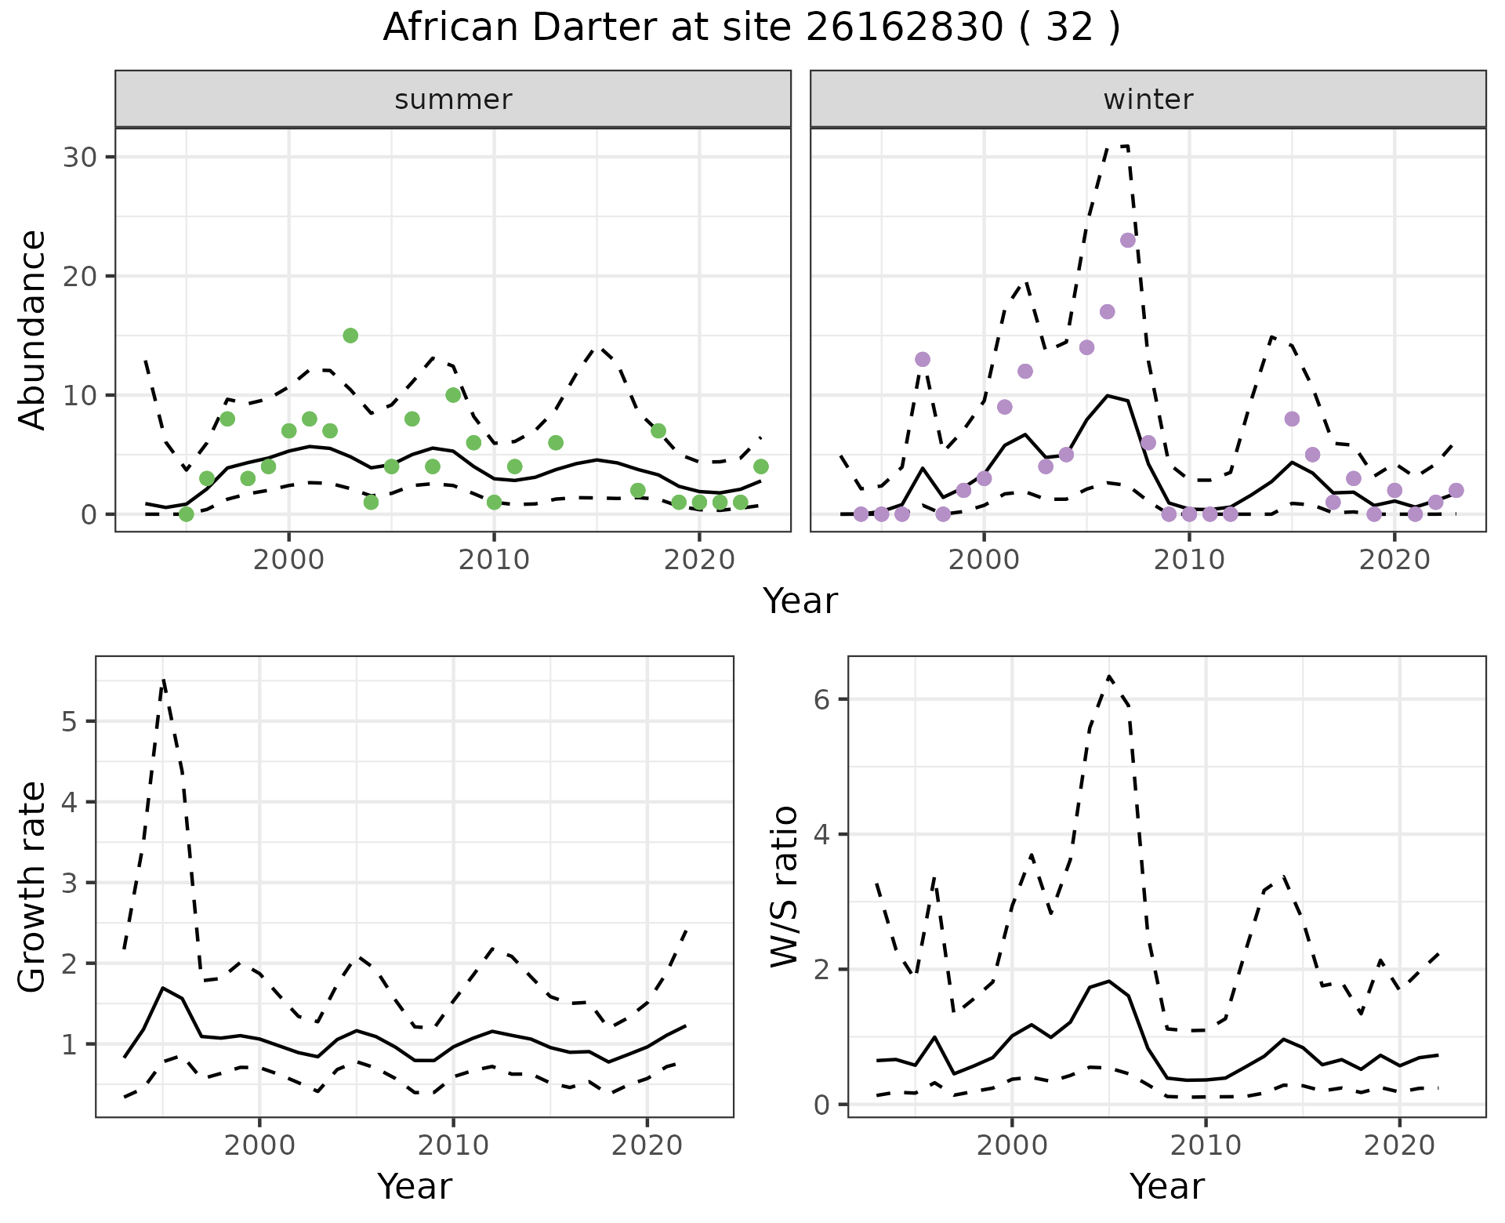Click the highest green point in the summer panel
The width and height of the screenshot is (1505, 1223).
click(x=350, y=336)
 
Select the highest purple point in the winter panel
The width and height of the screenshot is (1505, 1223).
click(x=1128, y=240)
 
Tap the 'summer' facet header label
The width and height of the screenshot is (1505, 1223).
click(x=453, y=100)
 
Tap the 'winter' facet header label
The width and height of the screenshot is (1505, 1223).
click(x=1148, y=100)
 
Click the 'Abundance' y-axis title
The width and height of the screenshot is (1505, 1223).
click(x=33, y=330)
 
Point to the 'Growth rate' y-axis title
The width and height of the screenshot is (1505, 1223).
click(x=33, y=887)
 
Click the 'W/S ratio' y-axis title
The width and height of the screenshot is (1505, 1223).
click(x=785, y=887)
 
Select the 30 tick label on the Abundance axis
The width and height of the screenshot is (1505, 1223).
click(x=80, y=157)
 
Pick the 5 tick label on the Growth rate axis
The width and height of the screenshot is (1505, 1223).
click(x=69, y=721)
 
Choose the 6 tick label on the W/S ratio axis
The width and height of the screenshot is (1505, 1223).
click(x=821, y=699)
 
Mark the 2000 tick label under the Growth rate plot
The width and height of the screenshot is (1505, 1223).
click(x=259, y=1145)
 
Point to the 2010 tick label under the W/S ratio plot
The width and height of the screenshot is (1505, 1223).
click(x=1206, y=1145)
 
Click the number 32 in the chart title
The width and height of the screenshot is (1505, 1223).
click(x=1069, y=28)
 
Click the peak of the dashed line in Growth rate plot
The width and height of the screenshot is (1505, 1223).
click(x=163, y=680)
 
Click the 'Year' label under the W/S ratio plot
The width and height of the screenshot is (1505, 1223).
click(x=1166, y=1187)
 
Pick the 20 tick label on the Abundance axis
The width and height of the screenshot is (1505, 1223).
click(x=80, y=276)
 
